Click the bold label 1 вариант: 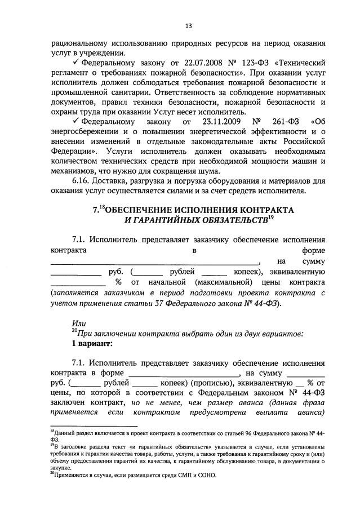coord(92,343)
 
